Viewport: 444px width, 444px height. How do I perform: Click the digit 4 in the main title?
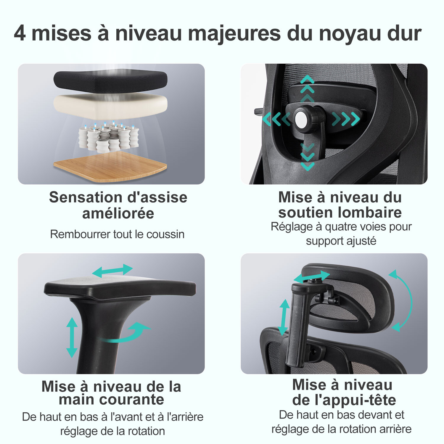[x=20, y=33]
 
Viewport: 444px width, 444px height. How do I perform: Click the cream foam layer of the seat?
[x=110, y=105]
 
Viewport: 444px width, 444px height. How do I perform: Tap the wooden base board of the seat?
[x=110, y=167]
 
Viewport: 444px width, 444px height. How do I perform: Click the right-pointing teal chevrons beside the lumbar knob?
[x=346, y=119]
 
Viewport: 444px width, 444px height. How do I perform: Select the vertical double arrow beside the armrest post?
[x=72, y=337]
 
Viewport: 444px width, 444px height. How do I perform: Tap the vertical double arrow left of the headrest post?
[x=284, y=317]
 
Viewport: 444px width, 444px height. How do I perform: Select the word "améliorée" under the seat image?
[x=118, y=213]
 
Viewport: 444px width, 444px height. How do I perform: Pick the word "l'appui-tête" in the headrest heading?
[x=355, y=400]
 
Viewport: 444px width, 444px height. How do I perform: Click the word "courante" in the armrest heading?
[x=134, y=400]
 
